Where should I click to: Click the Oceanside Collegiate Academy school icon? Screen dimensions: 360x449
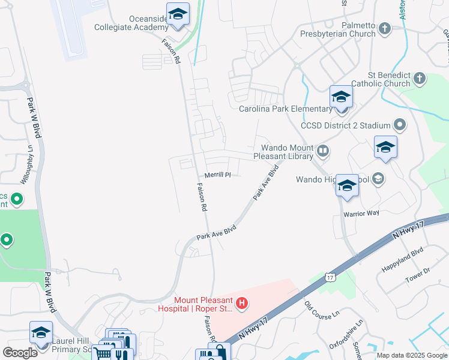point(178,14)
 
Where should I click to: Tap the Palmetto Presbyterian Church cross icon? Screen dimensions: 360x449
point(385,28)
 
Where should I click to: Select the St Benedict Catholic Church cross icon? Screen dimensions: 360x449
point(419,78)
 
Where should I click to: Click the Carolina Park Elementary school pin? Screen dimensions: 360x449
point(341,97)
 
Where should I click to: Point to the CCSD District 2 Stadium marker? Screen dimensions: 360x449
point(400,125)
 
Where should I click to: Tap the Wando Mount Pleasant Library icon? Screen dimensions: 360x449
point(323,151)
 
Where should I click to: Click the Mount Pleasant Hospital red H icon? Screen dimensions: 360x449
point(241,304)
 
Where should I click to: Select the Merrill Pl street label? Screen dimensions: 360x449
point(218,175)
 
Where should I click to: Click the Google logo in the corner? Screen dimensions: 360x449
point(20,353)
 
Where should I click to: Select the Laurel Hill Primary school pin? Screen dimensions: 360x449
point(41,334)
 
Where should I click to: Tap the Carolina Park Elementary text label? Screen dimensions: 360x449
point(285,109)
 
